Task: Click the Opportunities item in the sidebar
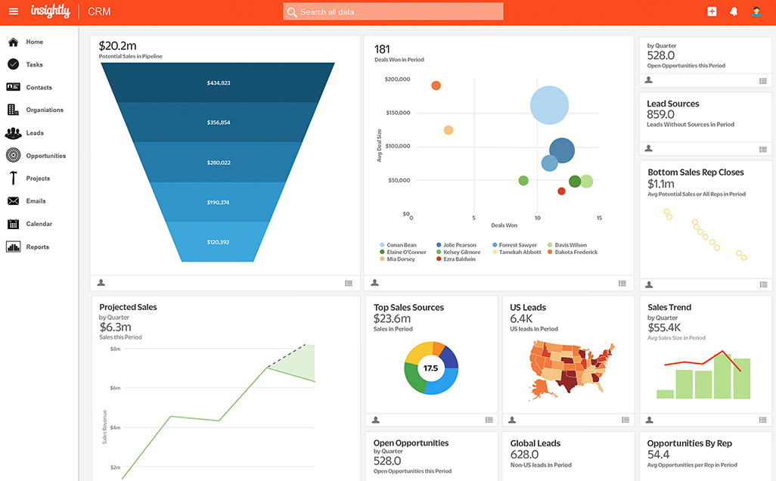(x=45, y=156)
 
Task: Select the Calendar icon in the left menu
(x=13, y=224)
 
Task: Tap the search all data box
(x=393, y=12)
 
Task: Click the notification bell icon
(x=733, y=11)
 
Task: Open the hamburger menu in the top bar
(x=13, y=11)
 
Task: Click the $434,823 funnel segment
(x=218, y=82)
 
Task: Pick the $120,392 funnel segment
(x=218, y=242)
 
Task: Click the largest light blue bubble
(x=549, y=105)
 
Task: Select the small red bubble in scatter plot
(x=561, y=191)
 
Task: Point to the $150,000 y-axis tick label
(x=397, y=113)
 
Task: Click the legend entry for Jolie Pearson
(x=460, y=245)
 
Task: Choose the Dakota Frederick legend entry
(x=576, y=253)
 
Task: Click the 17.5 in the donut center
(x=430, y=368)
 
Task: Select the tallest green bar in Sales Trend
(x=723, y=376)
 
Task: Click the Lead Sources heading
(x=672, y=104)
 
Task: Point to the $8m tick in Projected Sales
(x=115, y=349)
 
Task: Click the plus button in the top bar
(x=712, y=11)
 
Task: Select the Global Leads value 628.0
(x=524, y=455)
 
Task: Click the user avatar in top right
(x=756, y=11)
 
